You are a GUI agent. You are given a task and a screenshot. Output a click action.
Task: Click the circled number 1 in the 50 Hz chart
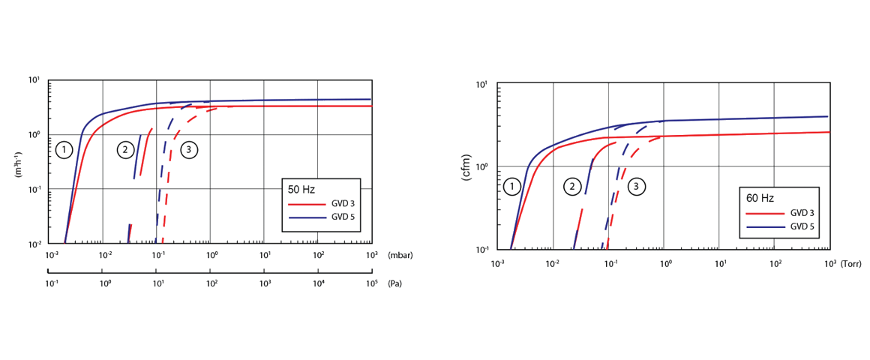pos(64,150)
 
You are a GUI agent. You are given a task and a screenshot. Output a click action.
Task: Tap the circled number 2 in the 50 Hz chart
pos(124,150)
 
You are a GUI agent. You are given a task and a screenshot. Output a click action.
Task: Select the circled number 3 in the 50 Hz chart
pos(188,150)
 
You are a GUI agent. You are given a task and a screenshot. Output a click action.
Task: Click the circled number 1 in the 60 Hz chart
pos(512,186)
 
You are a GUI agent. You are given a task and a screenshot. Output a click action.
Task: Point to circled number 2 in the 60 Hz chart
pos(572,186)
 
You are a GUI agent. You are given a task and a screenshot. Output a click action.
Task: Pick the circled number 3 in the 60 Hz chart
pos(636,186)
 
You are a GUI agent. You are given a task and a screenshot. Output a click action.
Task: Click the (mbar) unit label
pos(400,256)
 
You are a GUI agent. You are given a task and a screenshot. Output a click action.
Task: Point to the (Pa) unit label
pos(394,284)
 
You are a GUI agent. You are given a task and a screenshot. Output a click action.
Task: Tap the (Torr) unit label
pos(853,265)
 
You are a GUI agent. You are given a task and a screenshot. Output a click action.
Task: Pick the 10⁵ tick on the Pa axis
pos(371,284)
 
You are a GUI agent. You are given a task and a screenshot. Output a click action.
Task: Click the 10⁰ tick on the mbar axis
pos(212,256)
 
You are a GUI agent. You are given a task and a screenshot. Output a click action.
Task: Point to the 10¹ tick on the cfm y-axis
pos(481,84)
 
